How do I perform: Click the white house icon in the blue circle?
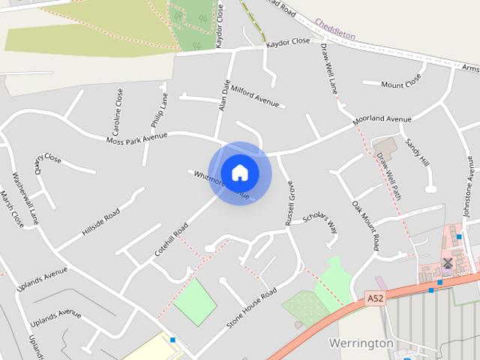point(239,172)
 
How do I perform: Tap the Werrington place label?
point(361,343)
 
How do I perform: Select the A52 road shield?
point(376,298)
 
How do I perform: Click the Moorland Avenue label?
point(383,119)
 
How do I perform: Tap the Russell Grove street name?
point(289,202)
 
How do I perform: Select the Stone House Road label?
point(251,308)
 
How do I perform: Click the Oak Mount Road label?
point(365,225)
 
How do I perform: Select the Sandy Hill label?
point(416,152)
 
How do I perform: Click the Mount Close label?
point(401,85)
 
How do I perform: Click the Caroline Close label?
point(118,108)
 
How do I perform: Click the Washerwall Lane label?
point(25,199)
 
